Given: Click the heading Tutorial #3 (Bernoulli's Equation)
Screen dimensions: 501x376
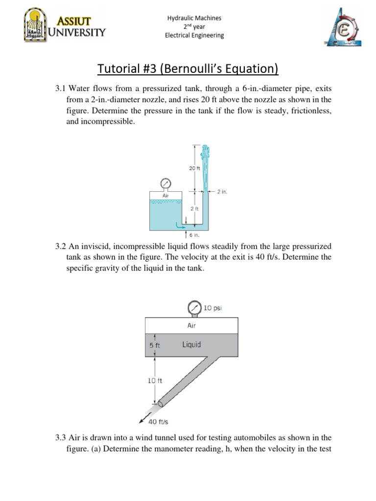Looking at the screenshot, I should pyautogui.click(x=188, y=69).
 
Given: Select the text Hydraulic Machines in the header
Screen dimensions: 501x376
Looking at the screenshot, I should pyautogui.click(x=194, y=18).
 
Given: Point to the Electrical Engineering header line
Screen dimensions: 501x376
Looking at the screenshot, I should pyautogui.click(x=194, y=35).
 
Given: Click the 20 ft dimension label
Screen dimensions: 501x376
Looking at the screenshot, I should pyautogui.click(x=194, y=168).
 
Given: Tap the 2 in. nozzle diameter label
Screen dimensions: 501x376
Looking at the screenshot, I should pyautogui.click(x=222, y=192).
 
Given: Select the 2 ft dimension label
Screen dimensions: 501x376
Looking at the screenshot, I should pyautogui.click(x=194, y=209).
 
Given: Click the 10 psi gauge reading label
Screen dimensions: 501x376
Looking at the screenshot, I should pyautogui.click(x=213, y=308).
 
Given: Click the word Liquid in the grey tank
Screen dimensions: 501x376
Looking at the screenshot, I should pyautogui.click(x=191, y=344).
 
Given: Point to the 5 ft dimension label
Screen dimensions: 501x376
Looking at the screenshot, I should pyautogui.click(x=154, y=345).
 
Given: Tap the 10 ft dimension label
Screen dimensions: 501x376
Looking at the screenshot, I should pyautogui.click(x=155, y=380).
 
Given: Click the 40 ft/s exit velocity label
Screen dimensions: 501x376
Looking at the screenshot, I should pyautogui.click(x=160, y=421).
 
